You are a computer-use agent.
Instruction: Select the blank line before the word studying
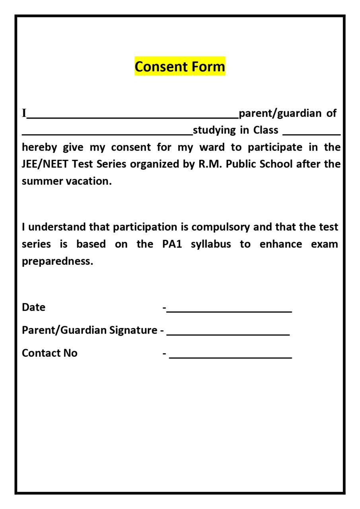(107, 134)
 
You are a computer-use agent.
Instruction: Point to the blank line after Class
(311, 134)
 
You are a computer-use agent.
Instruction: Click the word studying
(214, 130)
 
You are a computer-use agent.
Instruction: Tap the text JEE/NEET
(45, 164)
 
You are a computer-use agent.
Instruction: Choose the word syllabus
(210, 244)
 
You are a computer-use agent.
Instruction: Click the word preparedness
(57, 262)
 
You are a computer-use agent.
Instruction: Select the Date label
(33, 307)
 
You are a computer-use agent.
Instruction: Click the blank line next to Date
(229, 311)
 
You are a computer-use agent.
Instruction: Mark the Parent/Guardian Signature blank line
(228, 334)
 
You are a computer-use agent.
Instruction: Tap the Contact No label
(49, 353)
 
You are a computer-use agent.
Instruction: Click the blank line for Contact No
(230, 357)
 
